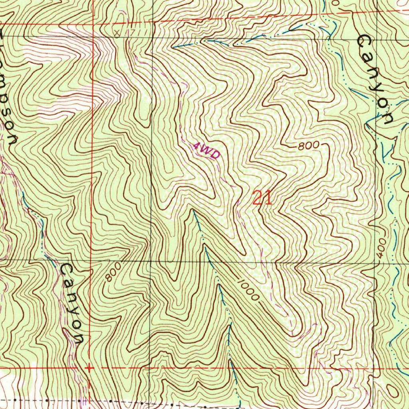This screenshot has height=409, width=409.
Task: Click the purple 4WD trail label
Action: point(206,151)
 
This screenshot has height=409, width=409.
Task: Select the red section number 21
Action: point(262,198)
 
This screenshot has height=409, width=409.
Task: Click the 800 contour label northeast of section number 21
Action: point(308,146)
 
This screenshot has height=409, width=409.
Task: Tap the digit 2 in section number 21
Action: point(258,198)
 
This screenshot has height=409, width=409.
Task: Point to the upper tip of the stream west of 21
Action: point(193,210)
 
